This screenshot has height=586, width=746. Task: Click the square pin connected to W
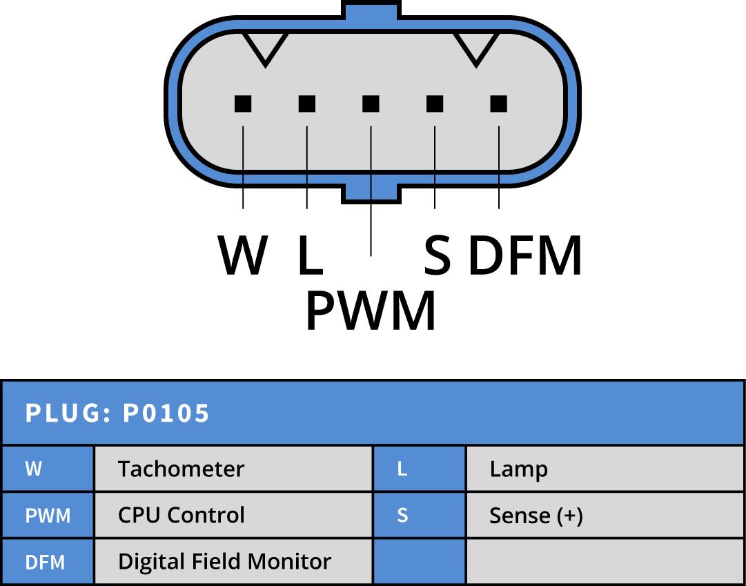pos(243,104)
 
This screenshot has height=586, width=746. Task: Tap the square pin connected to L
pos(307,104)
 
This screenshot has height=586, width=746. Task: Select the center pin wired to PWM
pos(371,104)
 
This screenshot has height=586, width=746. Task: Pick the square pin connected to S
pos(435,104)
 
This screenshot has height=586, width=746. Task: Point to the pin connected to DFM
pos(498,104)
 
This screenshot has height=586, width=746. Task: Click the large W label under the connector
pos(243,255)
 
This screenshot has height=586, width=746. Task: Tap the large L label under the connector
pos(310,255)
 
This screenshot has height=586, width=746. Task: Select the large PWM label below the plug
pos(371,311)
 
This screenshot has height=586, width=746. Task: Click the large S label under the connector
pos(438,255)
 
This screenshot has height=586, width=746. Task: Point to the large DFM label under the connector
pos(525,255)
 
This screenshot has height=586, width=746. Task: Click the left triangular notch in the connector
pos(266,47)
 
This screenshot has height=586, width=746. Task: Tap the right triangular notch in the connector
pos(475,47)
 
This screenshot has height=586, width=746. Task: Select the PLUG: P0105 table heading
pos(118,413)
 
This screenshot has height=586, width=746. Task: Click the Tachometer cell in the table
pos(181,469)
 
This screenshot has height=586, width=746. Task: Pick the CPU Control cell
pos(181,516)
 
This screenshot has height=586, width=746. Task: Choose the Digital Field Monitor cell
pos(224,562)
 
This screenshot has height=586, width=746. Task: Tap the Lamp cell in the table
pos(518,469)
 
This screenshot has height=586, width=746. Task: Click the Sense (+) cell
pos(536,516)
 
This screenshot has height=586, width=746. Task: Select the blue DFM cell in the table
pos(46,562)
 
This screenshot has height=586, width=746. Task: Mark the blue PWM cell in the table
pos(48,516)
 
